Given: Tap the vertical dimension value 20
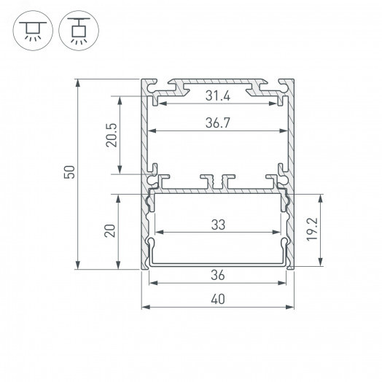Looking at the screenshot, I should click(110, 231).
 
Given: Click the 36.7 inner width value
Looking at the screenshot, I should click(218, 124).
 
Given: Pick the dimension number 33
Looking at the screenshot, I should click(218, 225).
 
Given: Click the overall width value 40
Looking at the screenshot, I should click(218, 297).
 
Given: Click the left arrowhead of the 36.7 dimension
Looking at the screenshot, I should click(151, 133).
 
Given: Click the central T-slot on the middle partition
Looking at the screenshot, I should click(218, 179).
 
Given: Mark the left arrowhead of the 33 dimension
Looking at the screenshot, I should click(159, 234).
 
